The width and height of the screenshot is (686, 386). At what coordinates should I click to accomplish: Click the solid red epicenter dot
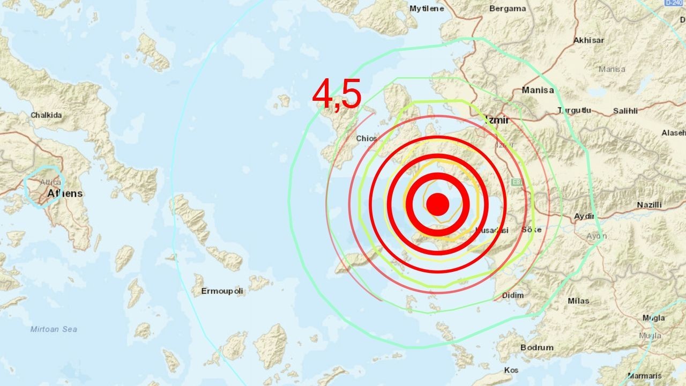[x=438, y=204]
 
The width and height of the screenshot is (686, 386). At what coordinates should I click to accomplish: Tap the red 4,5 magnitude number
[x=337, y=94]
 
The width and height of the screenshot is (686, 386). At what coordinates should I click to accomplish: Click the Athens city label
[x=65, y=193]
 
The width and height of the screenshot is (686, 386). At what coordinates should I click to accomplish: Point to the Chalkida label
[x=46, y=115]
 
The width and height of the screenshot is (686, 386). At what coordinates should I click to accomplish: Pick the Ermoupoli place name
[x=222, y=291]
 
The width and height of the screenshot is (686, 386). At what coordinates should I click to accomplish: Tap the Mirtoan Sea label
[x=54, y=329]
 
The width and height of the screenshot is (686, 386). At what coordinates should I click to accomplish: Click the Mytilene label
[x=427, y=9]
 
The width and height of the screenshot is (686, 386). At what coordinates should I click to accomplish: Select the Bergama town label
[x=508, y=9]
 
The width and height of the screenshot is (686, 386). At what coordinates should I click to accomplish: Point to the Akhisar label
[x=588, y=40]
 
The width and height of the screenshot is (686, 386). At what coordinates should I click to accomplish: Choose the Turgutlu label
[x=574, y=110]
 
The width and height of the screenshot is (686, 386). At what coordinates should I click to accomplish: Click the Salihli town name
[x=625, y=111]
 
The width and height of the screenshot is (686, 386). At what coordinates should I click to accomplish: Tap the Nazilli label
[x=649, y=205]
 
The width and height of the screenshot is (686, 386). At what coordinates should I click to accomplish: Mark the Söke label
[x=532, y=229]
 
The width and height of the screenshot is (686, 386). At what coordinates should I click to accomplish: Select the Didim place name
[x=513, y=295]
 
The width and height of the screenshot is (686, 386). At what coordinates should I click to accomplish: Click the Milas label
[x=578, y=301]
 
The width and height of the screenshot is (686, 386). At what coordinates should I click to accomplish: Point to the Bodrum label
[x=536, y=347]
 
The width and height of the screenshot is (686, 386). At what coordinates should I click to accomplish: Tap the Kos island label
[x=511, y=370]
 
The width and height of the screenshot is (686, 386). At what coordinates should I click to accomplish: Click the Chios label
[x=367, y=138]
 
